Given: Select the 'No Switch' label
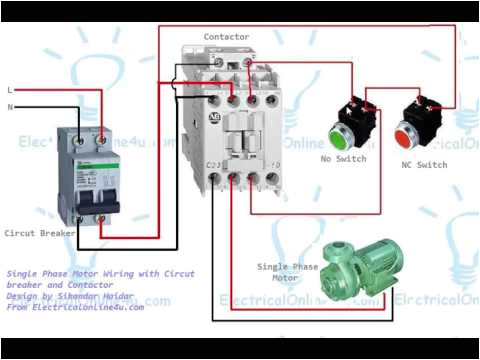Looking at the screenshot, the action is tap(342, 159).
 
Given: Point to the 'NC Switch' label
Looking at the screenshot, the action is tap(425, 164).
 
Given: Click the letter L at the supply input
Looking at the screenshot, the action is tap(10, 89).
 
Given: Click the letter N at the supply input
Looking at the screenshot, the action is tap(10, 106).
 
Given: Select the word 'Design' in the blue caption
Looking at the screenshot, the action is tap(24, 296).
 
